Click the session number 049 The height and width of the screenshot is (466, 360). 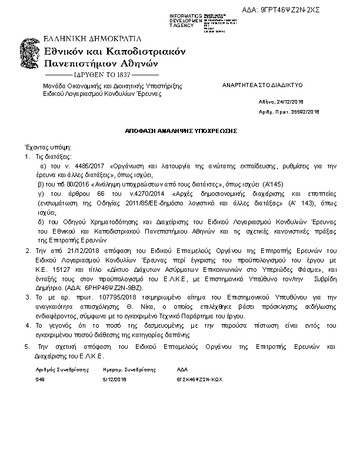[40, 380]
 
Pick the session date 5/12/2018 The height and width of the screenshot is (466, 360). [115, 380]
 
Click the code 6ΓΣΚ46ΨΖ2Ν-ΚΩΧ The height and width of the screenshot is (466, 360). [199, 380]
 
